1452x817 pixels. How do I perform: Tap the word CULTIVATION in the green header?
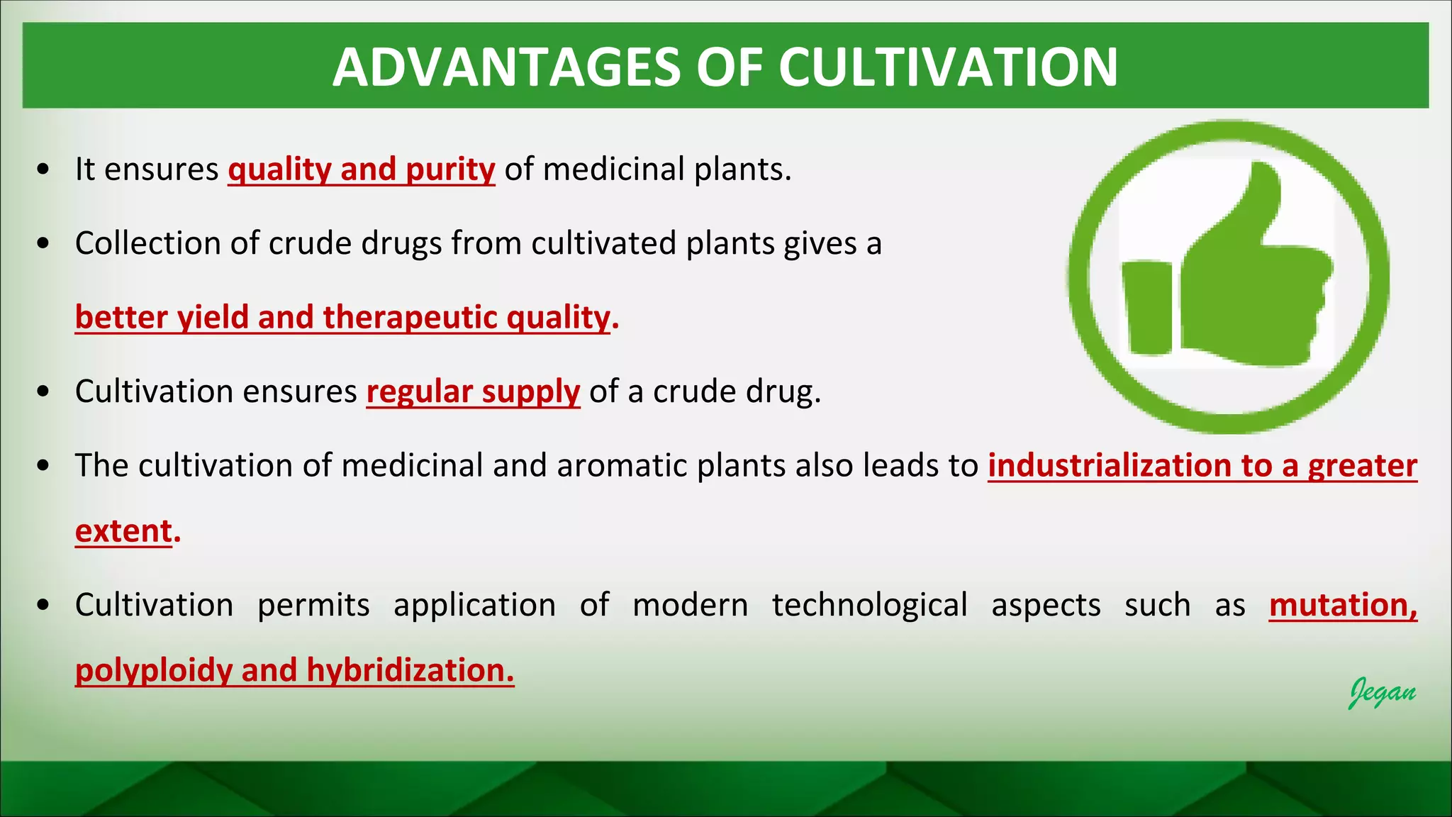948,67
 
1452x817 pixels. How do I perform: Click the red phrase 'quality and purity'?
361,169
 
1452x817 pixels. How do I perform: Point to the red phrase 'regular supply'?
473,391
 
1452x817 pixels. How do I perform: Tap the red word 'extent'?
124,531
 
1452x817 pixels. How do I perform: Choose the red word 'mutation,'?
1343,605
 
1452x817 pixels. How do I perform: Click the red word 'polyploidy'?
154,670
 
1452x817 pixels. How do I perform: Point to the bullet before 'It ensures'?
44,170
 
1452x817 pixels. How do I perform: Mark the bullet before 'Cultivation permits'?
44,606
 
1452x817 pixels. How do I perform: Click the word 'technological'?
869,605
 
